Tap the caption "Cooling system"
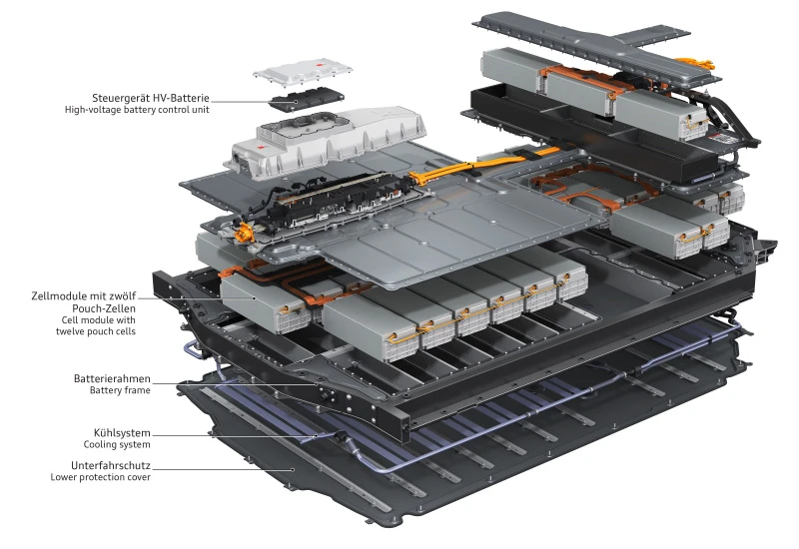point(117,444)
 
